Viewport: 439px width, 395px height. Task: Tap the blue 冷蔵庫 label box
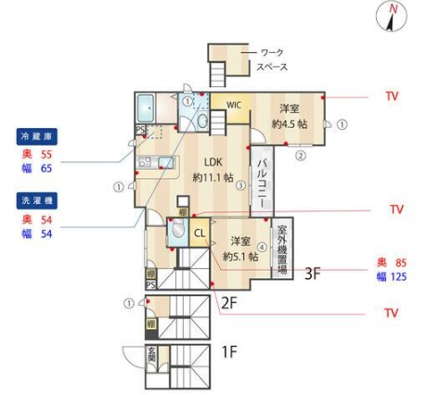(36, 135)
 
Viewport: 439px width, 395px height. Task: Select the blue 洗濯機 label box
(36, 200)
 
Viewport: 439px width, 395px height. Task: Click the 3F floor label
(313, 274)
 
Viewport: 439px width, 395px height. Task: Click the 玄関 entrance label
(151, 356)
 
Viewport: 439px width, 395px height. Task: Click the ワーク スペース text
(272, 59)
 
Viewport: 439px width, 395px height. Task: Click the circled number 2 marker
(301, 156)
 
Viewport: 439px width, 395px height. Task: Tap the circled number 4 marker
(262, 247)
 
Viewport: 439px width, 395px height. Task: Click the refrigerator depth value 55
(45, 154)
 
